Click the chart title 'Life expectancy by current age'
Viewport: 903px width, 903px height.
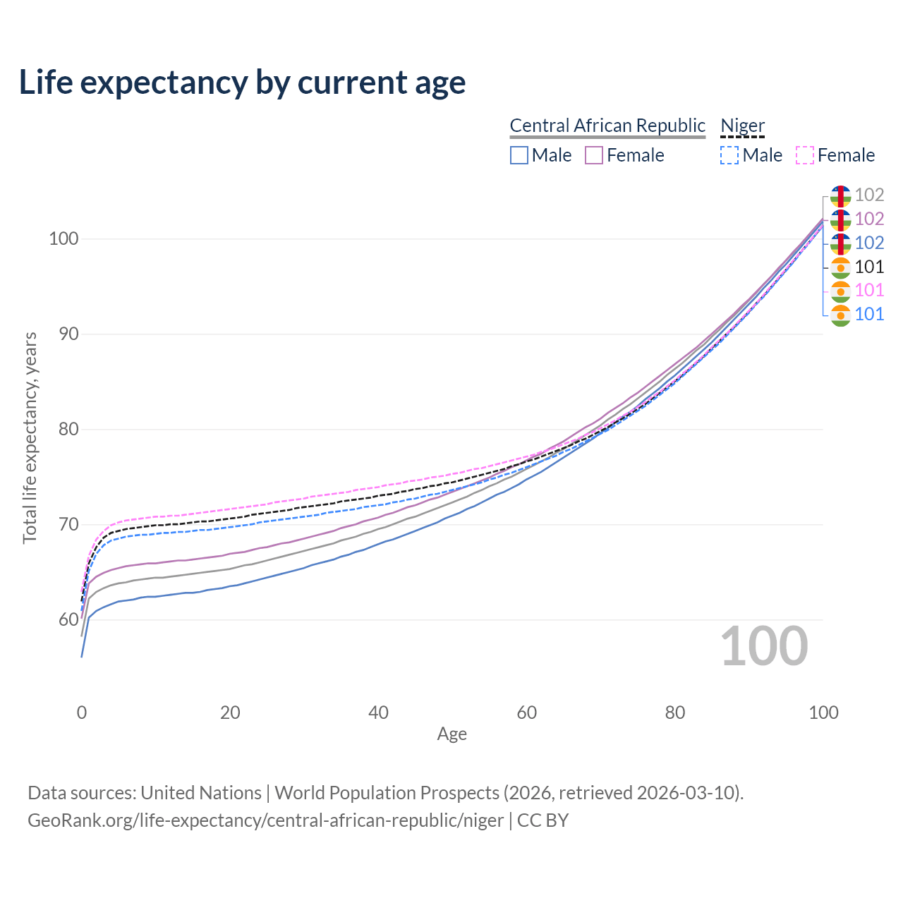coord(242,83)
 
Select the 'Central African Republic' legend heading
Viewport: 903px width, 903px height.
coord(607,126)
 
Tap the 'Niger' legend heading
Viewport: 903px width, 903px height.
coord(742,126)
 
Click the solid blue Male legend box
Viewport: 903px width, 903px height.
coord(519,155)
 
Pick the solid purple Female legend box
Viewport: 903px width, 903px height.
coord(594,155)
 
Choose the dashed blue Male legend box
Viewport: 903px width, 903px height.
coord(729,155)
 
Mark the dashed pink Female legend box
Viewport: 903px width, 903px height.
coord(805,155)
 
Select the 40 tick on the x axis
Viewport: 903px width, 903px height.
coord(378,713)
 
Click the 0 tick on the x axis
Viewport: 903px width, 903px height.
coord(82,713)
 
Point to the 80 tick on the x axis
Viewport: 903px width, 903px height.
coord(675,713)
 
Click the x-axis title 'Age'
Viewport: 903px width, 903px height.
coord(451,734)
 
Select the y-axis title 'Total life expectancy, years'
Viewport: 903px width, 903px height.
coord(30,438)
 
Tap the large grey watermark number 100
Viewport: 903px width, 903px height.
coord(764,646)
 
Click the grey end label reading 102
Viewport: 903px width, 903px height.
coord(869,195)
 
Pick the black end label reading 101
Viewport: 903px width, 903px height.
coord(869,267)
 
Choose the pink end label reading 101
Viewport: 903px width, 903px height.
coord(869,290)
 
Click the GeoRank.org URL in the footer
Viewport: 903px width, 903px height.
coord(265,820)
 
